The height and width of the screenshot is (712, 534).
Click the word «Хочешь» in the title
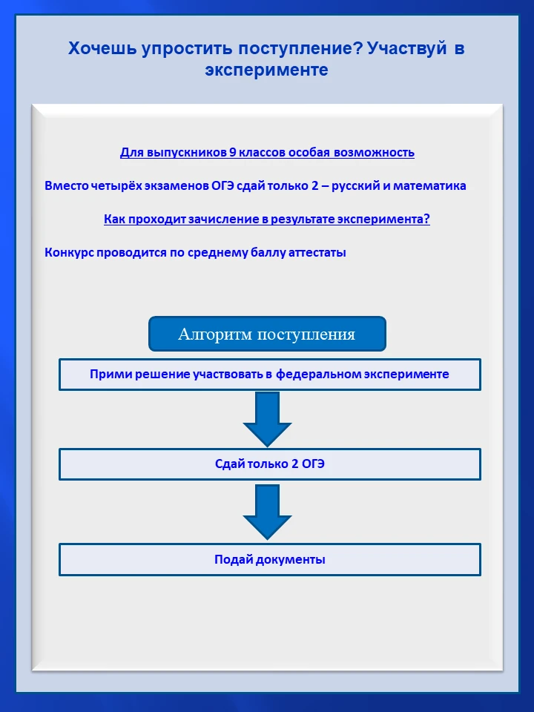pos(98,49)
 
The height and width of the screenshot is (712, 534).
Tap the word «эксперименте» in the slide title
pos(267,70)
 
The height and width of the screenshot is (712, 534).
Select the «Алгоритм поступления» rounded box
pos(267,334)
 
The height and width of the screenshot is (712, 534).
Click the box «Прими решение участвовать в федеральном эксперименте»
pos(269,375)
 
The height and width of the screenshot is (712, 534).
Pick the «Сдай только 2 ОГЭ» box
pos(269,464)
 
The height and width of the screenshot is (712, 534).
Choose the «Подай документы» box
pos(269,559)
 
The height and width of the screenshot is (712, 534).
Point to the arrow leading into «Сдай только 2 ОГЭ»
pos(267,418)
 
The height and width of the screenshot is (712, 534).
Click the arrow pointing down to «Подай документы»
pos(267,512)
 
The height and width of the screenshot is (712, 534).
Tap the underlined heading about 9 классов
pos(267,153)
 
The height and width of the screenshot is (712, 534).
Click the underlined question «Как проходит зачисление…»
pos(267,220)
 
